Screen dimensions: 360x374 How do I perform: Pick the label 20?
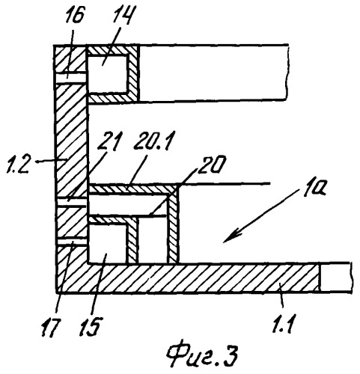[x=210, y=165]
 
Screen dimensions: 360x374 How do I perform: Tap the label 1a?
[x=314, y=190]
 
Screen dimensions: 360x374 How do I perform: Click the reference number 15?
[x=90, y=327]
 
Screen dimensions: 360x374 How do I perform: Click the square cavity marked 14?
[x=108, y=74]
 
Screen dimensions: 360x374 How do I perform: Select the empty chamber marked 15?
[x=108, y=243]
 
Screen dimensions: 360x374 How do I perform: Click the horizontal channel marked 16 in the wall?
[x=70, y=78]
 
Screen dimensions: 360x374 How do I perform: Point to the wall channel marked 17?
[x=72, y=242]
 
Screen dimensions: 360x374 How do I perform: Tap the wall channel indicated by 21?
[x=71, y=203]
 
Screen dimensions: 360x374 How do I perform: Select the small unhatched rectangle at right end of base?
[x=335, y=277]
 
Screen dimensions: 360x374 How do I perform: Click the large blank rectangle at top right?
[x=213, y=73]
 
